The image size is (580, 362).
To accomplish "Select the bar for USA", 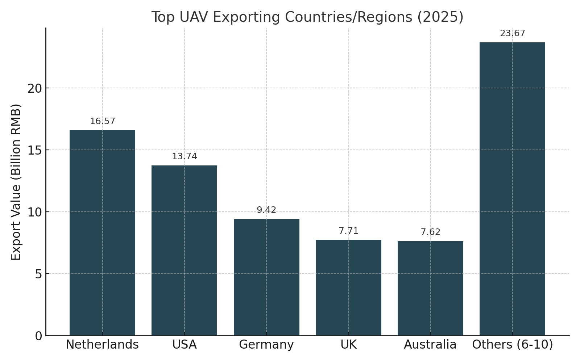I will (x=184, y=250).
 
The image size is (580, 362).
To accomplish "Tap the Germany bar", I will (x=266, y=277).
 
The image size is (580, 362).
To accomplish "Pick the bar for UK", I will (x=348, y=287).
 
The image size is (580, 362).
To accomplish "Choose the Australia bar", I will (x=430, y=288).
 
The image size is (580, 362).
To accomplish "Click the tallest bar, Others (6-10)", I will (x=512, y=189).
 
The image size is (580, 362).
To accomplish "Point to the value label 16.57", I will (x=103, y=122).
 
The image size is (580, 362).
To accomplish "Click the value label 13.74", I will (x=185, y=157).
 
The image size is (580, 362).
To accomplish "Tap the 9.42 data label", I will (x=266, y=210).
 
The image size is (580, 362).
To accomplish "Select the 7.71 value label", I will (x=348, y=231).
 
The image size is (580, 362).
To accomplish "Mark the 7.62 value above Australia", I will (x=430, y=232).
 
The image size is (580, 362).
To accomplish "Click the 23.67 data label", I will (x=513, y=34).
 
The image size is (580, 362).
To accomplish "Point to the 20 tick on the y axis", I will (x=35, y=88).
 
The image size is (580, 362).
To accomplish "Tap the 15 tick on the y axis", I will (x=35, y=150).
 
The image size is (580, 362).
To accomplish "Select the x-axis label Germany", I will (x=266, y=345).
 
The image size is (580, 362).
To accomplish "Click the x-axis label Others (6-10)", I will (x=512, y=345).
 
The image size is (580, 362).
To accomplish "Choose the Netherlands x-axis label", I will (x=102, y=345).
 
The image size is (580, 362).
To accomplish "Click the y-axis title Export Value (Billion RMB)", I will (x=16, y=182).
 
